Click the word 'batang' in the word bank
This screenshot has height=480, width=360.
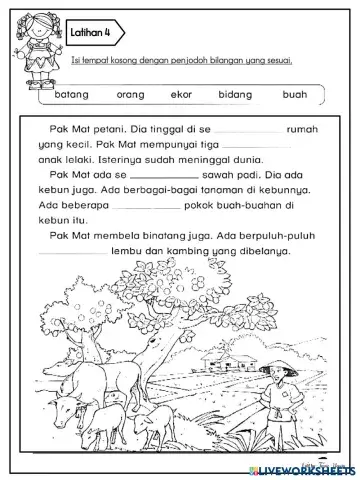[x=72, y=95]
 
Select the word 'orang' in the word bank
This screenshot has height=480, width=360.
[x=131, y=95]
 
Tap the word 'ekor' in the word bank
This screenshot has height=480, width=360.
[x=182, y=95]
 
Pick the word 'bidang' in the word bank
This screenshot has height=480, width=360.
[x=236, y=95]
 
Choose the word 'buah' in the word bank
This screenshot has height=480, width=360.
[x=294, y=95]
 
